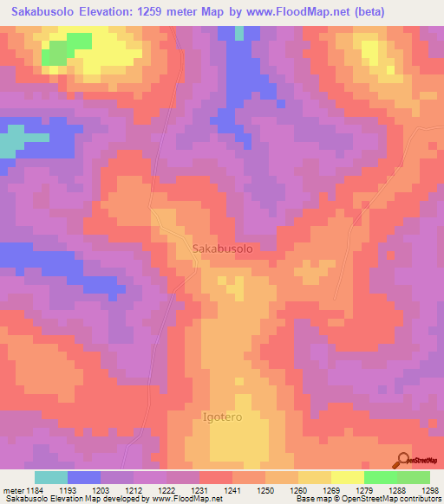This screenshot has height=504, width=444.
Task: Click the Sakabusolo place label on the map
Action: click(x=221, y=249)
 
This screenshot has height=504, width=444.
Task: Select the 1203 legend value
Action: click(x=101, y=489)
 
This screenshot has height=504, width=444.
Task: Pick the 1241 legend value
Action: click(x=232, y=489)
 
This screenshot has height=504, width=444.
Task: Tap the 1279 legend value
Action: click(x=365, y=489)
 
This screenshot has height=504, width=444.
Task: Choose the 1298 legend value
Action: click(x=431, y=489)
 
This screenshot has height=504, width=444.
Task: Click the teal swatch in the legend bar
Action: click(x=51, y=477)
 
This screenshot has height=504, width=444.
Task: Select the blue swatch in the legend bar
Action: click(x=84, y=477)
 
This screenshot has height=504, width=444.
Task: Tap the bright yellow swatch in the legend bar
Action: click(x=348, y=477)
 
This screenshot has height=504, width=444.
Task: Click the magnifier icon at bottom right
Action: click(x=404, y=461)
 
